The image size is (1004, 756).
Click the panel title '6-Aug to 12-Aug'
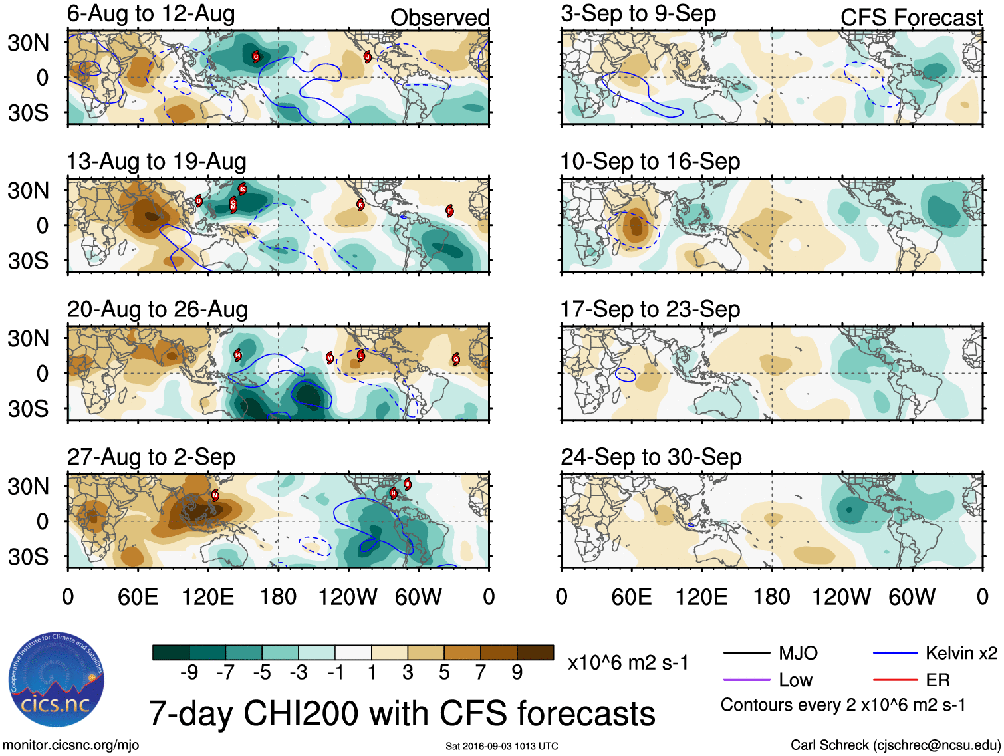[x=151, y=14]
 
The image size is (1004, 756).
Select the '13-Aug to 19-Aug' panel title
[x=156, y=162]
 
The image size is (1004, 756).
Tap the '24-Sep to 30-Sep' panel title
[x=651, y=457]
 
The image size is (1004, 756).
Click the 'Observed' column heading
[x=439, y=18]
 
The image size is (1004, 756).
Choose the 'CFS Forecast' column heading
[x=911, y=18]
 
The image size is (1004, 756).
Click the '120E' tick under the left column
[x=208, y=597]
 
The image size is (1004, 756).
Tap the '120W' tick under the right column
[x=841, y=597]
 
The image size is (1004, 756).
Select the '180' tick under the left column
[x=278, y=597]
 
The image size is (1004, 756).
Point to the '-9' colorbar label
[x=189, y=673]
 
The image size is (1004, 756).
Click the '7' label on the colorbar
[x=481, y=673]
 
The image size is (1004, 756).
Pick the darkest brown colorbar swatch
[x=535, y=652]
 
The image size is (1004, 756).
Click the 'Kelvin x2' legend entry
[x=961, y=654]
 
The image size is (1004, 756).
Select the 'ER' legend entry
[x=938, y=680]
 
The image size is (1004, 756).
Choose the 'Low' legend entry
[x=795, y=680]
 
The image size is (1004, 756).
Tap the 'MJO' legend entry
[x=798, y=654]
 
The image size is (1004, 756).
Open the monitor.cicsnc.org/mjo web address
[x=70, y=745]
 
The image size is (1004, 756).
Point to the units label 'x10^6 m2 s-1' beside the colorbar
[x=628, y=663]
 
